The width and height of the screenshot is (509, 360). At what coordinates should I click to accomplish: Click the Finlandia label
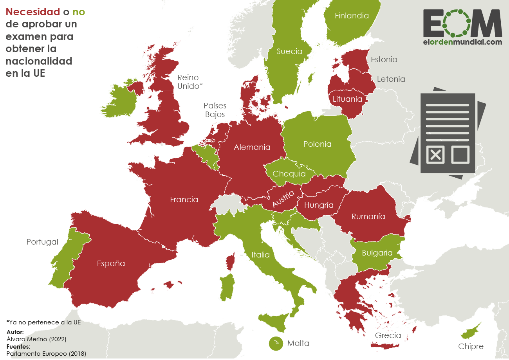(352, 16)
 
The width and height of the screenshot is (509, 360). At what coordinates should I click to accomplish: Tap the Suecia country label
(289, 51)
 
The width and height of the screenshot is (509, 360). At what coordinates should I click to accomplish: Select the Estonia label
(384, 59)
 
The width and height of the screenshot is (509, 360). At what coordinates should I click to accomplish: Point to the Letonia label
(391, 79)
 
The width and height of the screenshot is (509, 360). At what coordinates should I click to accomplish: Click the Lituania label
(347, 99)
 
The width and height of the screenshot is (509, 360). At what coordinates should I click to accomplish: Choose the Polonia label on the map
(317, 144)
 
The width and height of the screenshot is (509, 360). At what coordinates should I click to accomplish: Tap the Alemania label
(252, 147)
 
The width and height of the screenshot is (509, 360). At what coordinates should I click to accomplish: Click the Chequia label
(289, 174)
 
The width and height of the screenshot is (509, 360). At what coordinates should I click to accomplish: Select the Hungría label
(319, 205)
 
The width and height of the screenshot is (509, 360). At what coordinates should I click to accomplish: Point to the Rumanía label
(368, 216)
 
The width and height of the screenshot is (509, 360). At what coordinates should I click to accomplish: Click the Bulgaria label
(377, 253)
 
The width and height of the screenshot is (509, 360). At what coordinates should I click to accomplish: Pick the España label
(111, 263)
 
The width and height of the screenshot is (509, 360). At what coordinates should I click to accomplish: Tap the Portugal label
(42, 242)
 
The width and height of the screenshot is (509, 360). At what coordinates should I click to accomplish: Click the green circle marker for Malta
(276, 343)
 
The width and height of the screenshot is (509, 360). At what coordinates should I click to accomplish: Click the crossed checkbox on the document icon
(435, 154)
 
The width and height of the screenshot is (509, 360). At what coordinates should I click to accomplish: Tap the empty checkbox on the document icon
(460, 154)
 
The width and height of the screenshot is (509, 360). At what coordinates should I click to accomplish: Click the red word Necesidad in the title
(32, 12)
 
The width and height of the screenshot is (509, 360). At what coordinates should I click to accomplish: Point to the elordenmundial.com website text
(462, 42)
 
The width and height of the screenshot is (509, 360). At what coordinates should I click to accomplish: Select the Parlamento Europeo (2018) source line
(46, 353)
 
